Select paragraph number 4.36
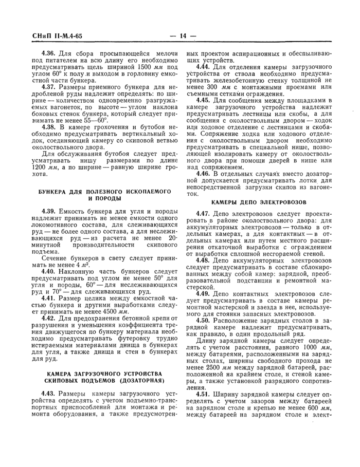point(50,53)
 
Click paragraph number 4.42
point(50,319)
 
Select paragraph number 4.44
point(205,67)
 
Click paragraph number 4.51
point(205,408)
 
